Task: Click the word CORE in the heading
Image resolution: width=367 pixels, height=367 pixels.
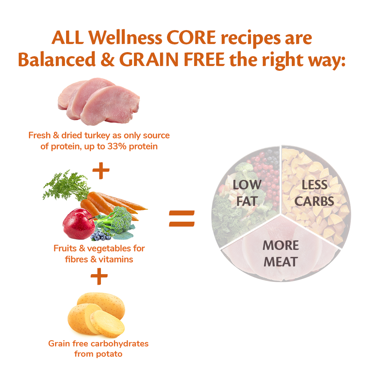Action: coord(191,37)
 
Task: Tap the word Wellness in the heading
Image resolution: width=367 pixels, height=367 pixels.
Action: coord(125,37)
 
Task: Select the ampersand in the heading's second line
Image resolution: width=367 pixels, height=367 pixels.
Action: coord(108,59)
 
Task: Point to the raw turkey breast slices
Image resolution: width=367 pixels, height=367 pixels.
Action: coord(99,101)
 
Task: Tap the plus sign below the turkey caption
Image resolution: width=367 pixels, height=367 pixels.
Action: coord(101,170)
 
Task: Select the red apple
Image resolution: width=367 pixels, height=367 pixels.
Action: coord(79,224)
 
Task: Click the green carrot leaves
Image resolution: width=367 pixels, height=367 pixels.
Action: coord(66,185)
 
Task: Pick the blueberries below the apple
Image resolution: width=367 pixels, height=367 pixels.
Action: coord(101,236)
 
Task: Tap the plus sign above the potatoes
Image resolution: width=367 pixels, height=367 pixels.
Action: coord(99,276)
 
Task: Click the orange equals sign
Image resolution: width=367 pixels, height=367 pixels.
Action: coord(182,219)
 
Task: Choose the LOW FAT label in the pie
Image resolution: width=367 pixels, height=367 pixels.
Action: coord(247,193)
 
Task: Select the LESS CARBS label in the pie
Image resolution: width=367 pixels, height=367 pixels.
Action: coord(314,193)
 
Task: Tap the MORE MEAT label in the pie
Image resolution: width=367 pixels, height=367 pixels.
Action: coord(281,254)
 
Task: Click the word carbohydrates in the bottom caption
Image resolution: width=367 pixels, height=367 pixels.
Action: coord(120,344)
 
